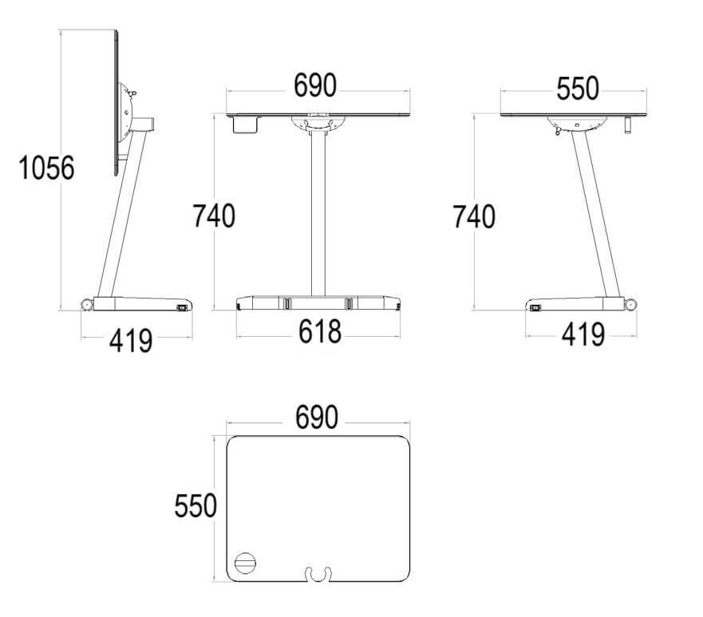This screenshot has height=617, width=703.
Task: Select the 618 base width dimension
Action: [319, 331]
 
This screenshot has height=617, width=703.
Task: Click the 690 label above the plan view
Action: [317, 417]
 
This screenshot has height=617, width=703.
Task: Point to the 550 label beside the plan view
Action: [195, 506]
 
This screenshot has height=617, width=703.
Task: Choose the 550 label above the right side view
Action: [577, 89]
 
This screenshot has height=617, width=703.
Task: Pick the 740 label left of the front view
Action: [213, 216]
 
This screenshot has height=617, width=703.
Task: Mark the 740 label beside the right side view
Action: [473, 216]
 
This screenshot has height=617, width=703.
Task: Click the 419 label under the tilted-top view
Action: [131, 341]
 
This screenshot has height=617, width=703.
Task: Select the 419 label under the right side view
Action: [583, 334]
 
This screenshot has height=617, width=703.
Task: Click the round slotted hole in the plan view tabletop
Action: [246, 564]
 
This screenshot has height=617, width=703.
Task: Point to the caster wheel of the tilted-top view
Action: [86, 304]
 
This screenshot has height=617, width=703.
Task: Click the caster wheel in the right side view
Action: [631, 304]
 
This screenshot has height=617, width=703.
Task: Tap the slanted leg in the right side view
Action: [594, 216]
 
